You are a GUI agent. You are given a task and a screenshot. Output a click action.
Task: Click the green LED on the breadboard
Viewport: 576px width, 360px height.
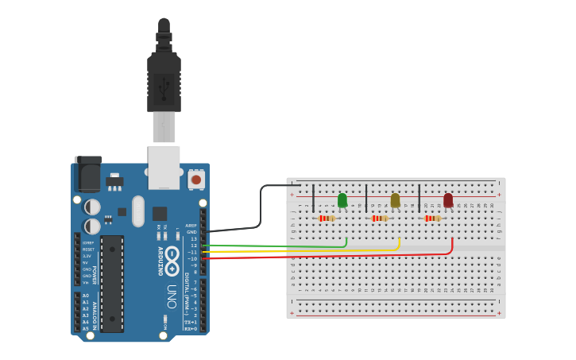point(342,200)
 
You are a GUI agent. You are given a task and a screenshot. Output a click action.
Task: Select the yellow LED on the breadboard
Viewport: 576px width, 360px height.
point(395,200)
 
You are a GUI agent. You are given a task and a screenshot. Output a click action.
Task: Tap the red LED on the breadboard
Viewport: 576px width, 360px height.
point(448,200)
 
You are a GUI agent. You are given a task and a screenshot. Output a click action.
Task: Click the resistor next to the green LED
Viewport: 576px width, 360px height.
point(327,219)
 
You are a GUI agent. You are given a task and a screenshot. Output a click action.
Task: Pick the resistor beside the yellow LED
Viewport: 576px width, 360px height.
point(380,219)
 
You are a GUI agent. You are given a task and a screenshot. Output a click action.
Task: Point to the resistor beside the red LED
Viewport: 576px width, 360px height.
point(432,219)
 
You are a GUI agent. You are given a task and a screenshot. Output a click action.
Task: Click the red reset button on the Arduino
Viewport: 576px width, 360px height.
point(196,180)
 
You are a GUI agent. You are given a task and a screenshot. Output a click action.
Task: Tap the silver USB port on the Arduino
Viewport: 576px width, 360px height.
point(164,167)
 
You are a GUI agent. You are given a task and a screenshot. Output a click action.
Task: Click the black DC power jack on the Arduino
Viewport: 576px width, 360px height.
point(88,174)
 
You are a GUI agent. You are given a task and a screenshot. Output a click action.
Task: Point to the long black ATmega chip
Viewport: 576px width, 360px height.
point(112,283)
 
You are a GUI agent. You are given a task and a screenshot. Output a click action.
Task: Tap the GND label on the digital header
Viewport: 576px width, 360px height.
point(191,232)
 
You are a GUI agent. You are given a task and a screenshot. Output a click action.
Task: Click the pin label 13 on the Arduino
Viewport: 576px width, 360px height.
point(193,238)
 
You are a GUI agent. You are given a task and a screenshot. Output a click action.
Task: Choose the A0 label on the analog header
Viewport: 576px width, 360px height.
point(86,296)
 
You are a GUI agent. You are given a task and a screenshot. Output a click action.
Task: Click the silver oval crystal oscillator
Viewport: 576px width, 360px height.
point(138,211)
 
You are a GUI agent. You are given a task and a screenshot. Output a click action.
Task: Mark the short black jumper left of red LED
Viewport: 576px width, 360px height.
point(419,198)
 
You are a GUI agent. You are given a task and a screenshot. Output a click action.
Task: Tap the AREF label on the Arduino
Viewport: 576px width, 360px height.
point(191,226)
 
